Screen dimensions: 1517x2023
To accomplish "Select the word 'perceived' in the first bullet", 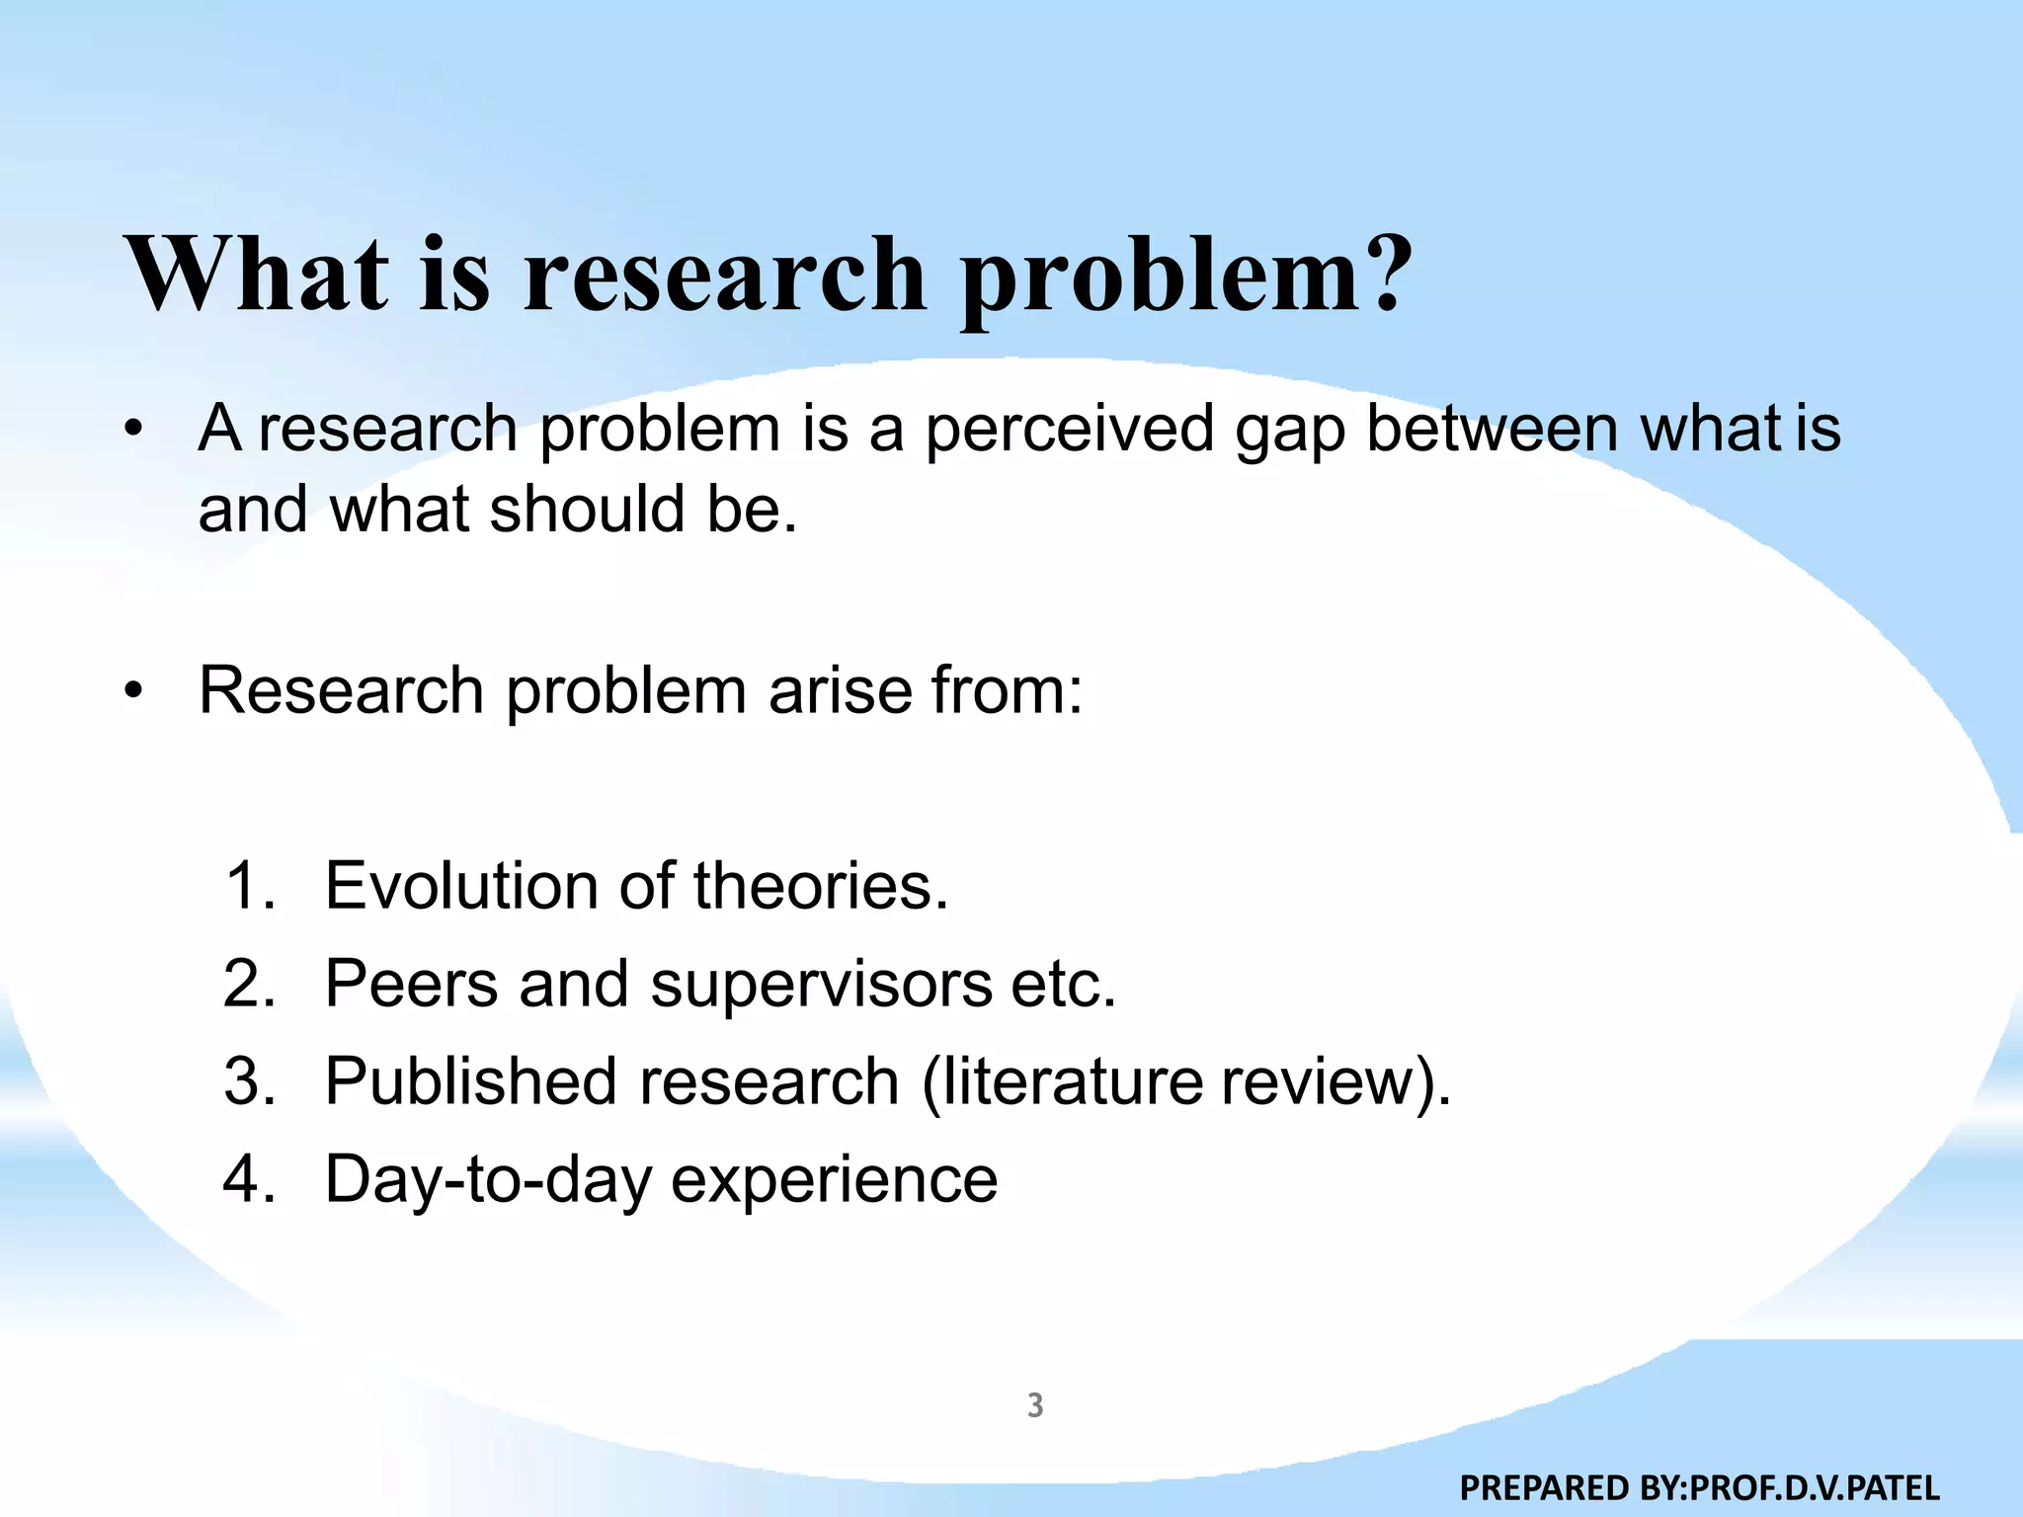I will pos(1069,431).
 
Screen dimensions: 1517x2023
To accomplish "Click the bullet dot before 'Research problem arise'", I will pos(134,690).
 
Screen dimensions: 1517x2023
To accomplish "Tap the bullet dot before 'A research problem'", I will pos(134,431).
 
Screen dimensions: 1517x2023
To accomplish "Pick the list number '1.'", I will pos(251,885).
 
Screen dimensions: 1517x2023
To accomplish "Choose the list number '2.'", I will pos(250,984).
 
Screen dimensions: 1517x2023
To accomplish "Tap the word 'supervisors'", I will pos(821,986).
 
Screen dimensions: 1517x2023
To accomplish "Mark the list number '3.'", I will pos(250,1080).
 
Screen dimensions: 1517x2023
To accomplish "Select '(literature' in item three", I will pos(1062,1082).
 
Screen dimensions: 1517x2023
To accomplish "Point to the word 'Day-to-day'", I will pos(488,1181).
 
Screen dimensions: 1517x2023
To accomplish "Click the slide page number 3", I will pos(1035,1404).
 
